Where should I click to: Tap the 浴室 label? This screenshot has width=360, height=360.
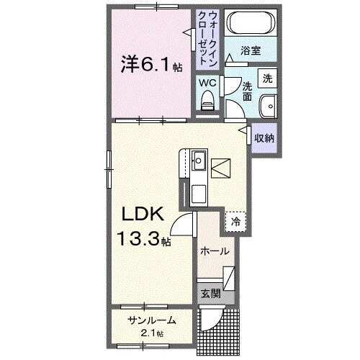(250, 53)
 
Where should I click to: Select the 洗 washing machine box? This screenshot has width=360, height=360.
(267, 78)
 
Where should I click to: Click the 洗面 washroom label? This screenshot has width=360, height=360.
(247, 89)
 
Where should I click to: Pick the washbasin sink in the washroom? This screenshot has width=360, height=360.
(268, 105)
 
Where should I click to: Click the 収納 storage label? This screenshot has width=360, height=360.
(264, 138)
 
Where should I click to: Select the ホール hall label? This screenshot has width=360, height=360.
(215, 251)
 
